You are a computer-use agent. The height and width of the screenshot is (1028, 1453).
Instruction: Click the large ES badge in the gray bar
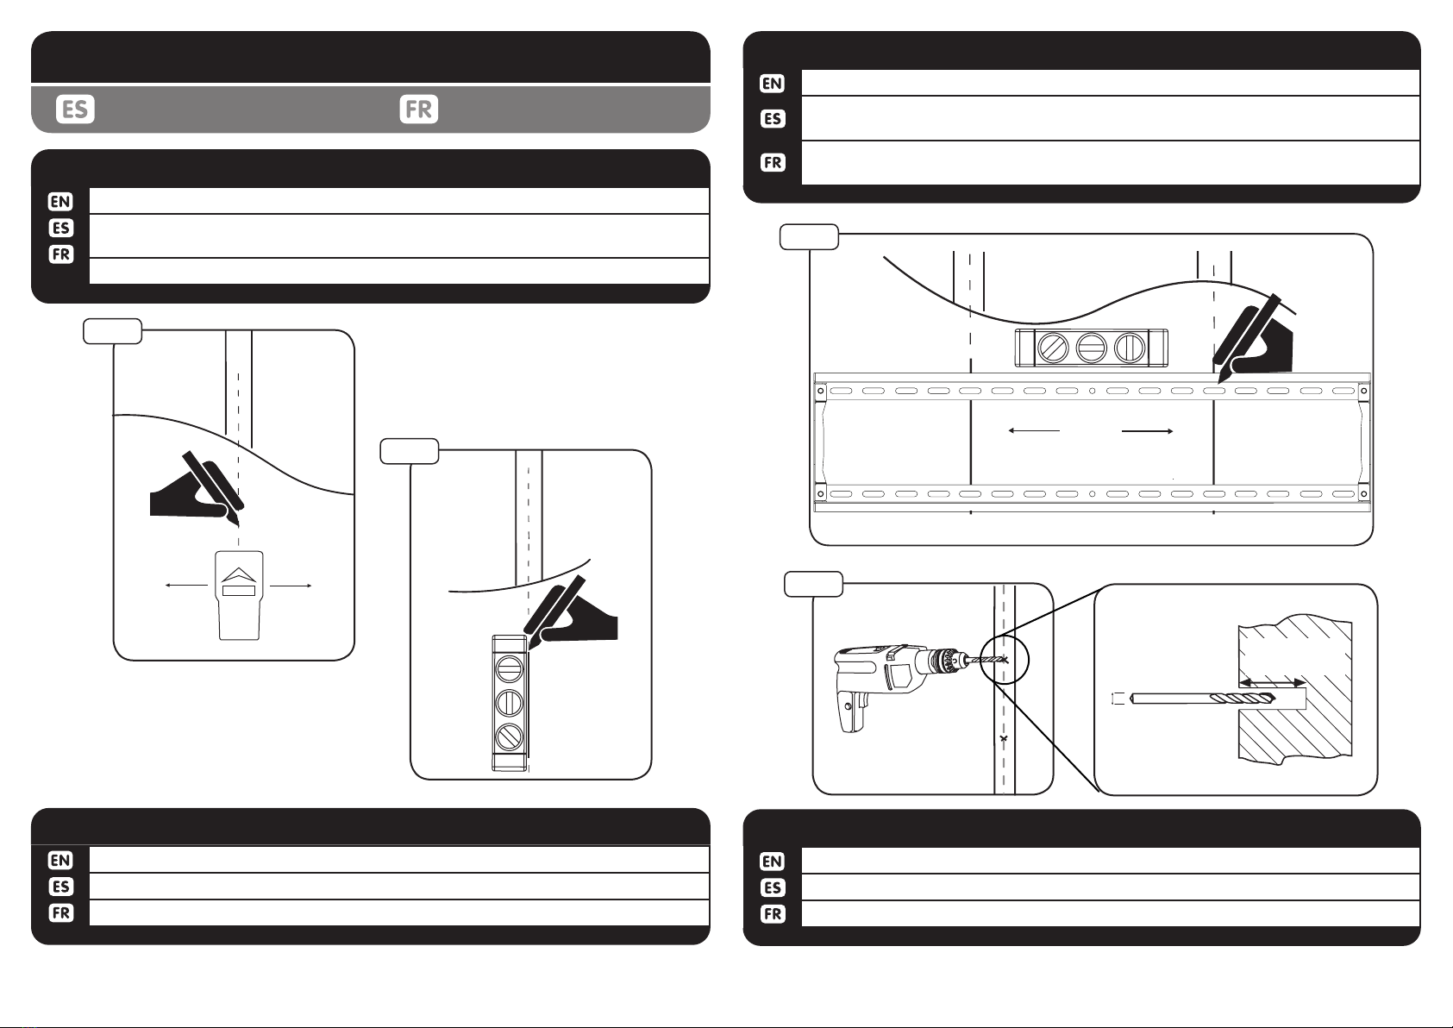tap(75, 109)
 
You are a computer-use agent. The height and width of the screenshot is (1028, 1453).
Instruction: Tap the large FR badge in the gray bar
tap(418, 109)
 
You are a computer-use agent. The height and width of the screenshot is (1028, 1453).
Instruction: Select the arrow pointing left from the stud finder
tap(187, 586)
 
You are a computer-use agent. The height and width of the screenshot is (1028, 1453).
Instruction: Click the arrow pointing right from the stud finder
tap(291, 586)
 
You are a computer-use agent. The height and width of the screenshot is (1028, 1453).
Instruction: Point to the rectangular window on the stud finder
tap(239, 590)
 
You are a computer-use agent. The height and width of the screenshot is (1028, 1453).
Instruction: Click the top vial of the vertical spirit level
tap(510, 668)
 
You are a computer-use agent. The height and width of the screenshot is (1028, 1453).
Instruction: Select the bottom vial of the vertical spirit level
tap(510, 737)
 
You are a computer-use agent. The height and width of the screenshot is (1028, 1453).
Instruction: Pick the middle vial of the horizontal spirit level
tap(1091, 348)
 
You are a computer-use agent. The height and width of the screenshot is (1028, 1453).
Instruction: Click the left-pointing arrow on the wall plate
tap(1034, 430)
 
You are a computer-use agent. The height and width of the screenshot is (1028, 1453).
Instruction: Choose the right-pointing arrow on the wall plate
tap(1148, 430)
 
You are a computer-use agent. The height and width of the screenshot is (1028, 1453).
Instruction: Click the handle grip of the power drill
tap(851, 709)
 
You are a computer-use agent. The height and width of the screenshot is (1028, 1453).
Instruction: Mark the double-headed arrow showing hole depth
tap(1272, 683)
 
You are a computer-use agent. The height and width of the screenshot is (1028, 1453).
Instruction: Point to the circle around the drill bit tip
tap(1004, 661)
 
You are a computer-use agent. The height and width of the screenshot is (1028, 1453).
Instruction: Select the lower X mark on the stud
tap(1004, 739)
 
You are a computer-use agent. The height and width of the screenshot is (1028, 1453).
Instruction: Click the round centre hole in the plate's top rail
tap(1093, 391)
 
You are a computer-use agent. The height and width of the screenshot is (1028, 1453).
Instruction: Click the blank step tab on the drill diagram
tap(813, 584)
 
